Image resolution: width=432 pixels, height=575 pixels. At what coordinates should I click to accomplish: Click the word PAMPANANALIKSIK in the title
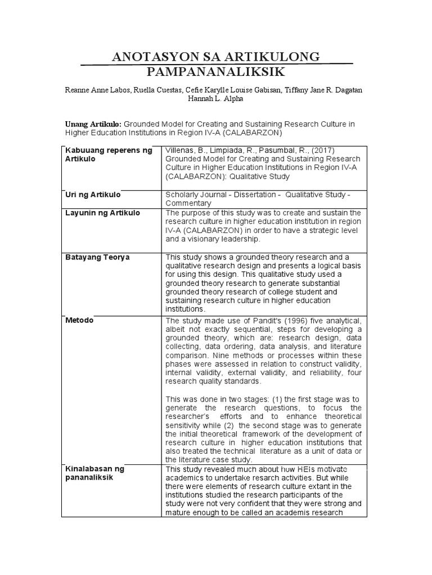click(x=216, y=72)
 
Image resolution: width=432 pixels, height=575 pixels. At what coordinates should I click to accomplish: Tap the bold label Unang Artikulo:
click(x=93, y=124)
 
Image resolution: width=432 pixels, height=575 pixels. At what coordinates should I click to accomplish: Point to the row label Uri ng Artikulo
click(x=93, y=194)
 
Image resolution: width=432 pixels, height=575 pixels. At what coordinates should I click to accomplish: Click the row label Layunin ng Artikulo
click(x=103, y=213)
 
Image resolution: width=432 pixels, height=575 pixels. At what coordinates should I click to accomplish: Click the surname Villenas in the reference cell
click(x=182, y=150)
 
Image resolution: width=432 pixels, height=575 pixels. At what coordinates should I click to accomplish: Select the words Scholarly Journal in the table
click(x=195, y=195)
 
